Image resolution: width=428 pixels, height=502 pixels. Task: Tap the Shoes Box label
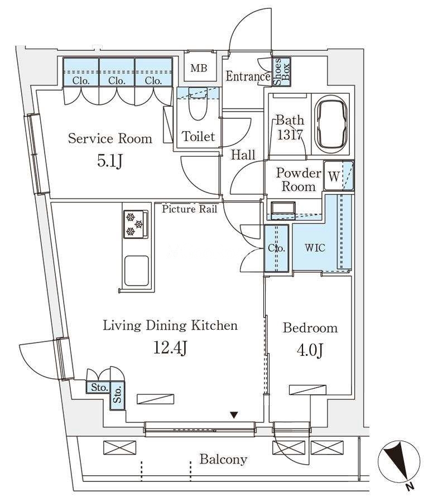[282, 72]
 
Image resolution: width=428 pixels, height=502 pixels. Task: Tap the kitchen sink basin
[137, 271]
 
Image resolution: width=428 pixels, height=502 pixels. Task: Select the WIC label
[315, 248]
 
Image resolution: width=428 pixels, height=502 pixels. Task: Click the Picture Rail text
[189, 209]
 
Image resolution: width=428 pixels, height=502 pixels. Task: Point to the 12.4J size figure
[170, 347]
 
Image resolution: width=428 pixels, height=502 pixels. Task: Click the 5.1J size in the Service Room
[109, 161]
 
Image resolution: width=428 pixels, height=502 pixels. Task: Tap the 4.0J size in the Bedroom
[310, 350]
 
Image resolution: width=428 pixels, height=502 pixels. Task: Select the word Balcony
[223, 460]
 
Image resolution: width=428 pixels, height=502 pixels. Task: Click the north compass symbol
[399, 461]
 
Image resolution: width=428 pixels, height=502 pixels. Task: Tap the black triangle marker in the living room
[234, 415]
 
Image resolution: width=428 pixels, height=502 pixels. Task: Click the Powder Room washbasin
[283, 210]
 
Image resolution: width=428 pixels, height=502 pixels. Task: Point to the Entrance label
[248, 76]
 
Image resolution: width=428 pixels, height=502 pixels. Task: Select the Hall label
[243, 155]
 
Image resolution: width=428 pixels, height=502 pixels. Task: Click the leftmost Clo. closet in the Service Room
[81, 72]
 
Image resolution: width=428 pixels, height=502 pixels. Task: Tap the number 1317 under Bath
[290, 135]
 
